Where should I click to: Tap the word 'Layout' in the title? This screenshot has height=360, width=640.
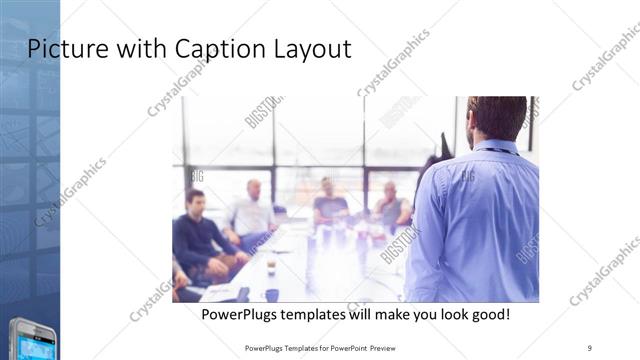pyautogui.click(x=312, y=49)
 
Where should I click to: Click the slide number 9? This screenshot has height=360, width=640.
pyautogui.click(x=590, y=347)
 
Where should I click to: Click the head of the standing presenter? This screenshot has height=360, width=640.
pyautogui.click(x=497, y=117)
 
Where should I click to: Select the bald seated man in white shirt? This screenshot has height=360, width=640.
pyautogui.click(x=249, y=210)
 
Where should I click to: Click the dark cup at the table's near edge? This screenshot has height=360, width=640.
pyautogui.click(x=272, y=295)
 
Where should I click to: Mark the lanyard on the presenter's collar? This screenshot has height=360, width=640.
pyautogui.click(x=500, y=151)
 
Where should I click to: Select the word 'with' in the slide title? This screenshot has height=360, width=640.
pyautogui.click(x=138, y=49)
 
